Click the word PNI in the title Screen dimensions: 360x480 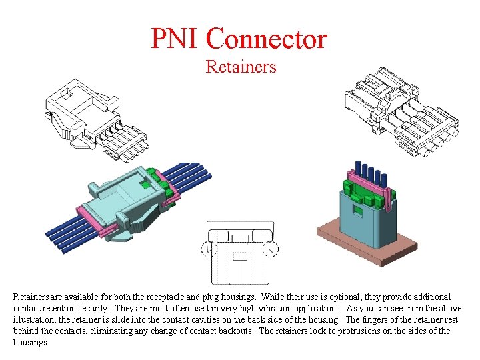tap(174, 39)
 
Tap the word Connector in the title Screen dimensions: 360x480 tap(267, 39)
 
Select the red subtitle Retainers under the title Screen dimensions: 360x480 tap(241, 67)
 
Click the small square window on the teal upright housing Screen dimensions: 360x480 tap(357, 212)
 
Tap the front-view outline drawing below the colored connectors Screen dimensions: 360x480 tap(241, 249)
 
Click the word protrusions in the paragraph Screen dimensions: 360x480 tap(381, 331)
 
